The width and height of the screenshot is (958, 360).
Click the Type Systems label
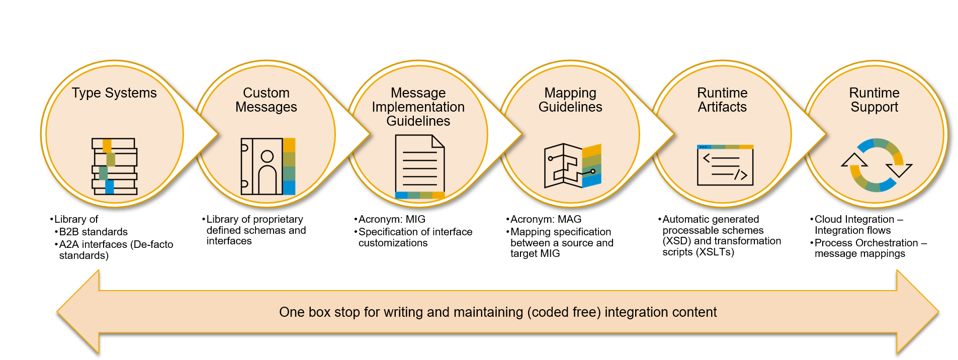tap(114, 93)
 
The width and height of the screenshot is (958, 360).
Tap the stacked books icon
tap(114, 166)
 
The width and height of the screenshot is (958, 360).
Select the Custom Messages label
tap(266, 100)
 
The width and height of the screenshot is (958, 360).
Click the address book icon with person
tap(268, 166)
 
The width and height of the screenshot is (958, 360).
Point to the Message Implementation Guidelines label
tap(418, 107)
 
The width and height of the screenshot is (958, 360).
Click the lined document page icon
tap(420, 166)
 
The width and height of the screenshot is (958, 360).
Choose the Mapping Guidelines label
tap(570, 100)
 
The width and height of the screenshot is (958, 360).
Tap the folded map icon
tap(573, 166)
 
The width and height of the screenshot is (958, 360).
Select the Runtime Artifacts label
tap(722, 100)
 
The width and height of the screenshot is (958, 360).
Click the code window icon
tap(725, 165)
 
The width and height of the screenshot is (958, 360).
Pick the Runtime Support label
tap(874, 100)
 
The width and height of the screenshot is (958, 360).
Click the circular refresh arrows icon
tap(877, 165)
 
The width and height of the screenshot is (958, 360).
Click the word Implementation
tap(418, 107)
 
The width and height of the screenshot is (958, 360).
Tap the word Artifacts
tap(722, 107)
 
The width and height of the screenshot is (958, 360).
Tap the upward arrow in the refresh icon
tap(854, 160)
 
